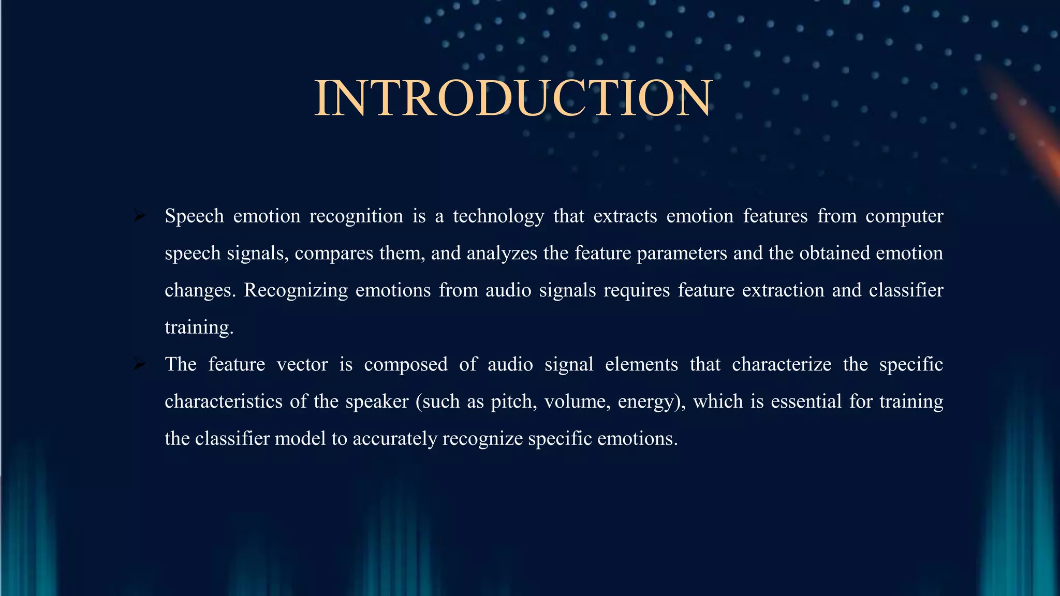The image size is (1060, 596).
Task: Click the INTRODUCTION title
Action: tap(513, 98)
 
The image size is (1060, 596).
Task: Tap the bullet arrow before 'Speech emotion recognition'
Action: tap(139, 215)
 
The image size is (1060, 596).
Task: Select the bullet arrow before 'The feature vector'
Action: tap(139, 364)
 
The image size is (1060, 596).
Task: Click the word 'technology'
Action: tap(498, 216)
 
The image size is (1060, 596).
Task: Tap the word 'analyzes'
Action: tap(502, 254)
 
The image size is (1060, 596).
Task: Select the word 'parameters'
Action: tap(682, 254)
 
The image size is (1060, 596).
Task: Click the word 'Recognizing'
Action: tap(296, 291)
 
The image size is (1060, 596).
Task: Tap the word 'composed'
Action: tap(406, 365)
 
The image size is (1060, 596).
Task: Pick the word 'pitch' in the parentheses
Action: tap(513, 402)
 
